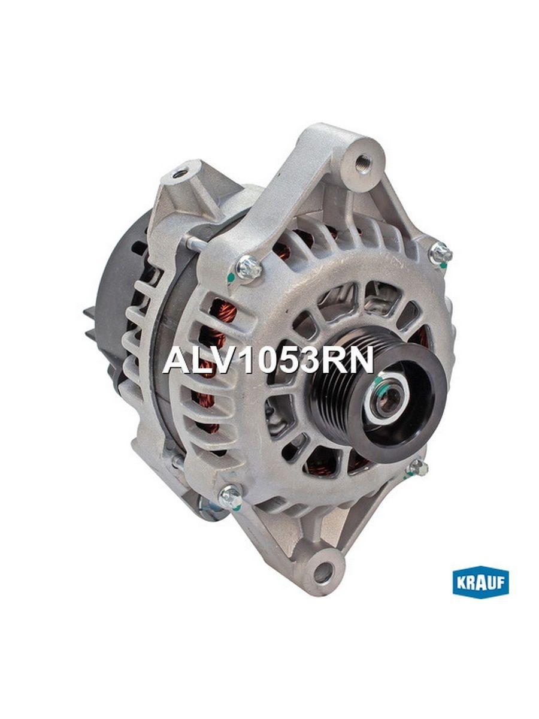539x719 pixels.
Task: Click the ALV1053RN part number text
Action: pyautogui.click(x=268, y=360)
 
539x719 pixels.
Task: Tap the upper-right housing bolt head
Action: pyautogui.click(x=440, y=251)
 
